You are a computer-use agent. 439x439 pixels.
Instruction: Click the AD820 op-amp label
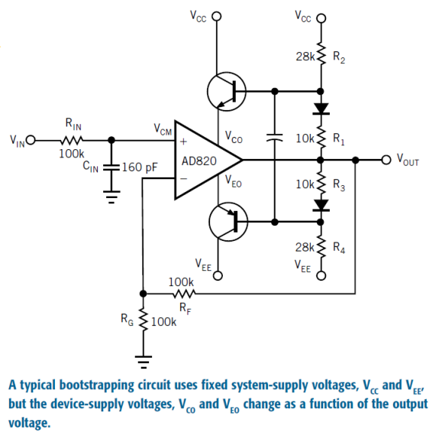click(x=199, y=161)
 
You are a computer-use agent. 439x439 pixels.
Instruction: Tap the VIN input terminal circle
click(x=31, y=140)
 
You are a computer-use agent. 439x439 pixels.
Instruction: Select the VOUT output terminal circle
click(x=386, y=160)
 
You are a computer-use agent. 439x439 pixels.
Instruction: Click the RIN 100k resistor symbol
click(x=72, y=140)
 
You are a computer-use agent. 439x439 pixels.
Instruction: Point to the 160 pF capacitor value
click(x=140, y=167)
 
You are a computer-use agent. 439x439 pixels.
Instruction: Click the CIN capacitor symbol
click(x=111, y=167)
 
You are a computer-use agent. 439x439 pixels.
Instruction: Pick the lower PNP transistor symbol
click(x=228, y=222)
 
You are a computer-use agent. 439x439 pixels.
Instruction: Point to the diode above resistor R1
click(x=321, y=109)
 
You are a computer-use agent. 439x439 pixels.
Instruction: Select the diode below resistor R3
click(x=321, y=205)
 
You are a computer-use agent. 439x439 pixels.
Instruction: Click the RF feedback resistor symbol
click(x=184, y=294)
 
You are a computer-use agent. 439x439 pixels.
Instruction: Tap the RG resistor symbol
click(x=144, y=320)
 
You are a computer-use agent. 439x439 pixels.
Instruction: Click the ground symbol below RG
click(x=144, y=362)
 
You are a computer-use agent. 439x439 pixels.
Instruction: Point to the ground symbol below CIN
click(x=111, y=197)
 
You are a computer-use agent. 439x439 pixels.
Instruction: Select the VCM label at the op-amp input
click(x=163, y=129)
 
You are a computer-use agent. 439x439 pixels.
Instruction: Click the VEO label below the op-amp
click(x=234, y=181)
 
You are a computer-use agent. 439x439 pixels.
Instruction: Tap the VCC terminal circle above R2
click(x=321, y=18)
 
